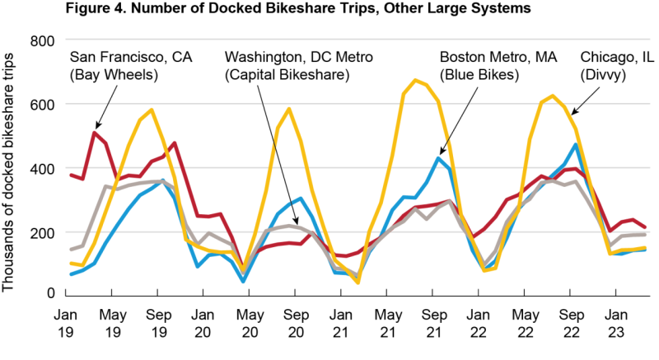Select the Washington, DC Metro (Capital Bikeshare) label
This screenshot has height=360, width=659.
click(x=298, y=65)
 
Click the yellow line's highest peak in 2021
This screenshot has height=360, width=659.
click(x=415, y=80)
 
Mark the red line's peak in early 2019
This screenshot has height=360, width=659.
click(x=95, y=133)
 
